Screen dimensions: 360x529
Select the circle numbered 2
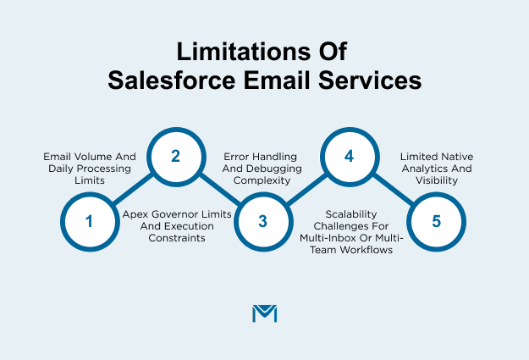click(175, 156)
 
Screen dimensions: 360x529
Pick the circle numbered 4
click(349, 156)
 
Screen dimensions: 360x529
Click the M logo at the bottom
click(265, 313)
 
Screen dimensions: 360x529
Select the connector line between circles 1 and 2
click(132, 189)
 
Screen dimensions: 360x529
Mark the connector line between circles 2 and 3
click(218, 189)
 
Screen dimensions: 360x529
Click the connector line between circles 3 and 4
click(306, 189)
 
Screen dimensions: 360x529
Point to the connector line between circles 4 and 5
click(392, 189)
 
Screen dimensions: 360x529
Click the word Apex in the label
click(135, 215)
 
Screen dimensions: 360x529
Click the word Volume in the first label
click(86, 157)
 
